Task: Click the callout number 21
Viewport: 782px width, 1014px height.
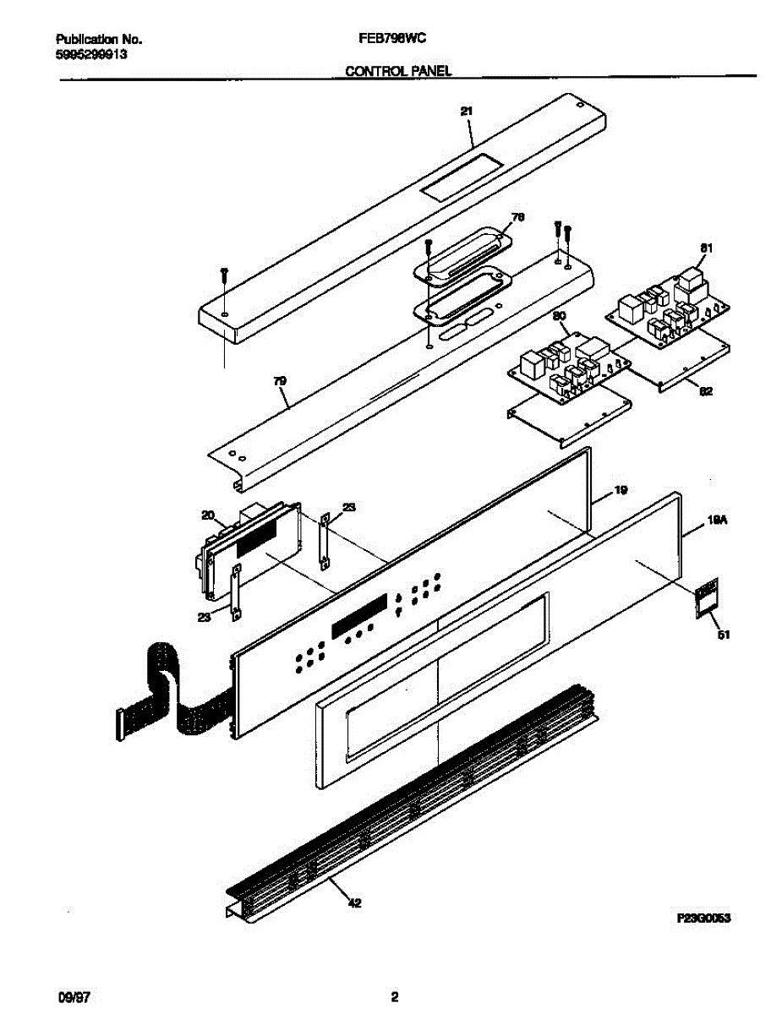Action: [466, 111]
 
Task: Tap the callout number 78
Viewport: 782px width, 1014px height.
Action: [517, 217]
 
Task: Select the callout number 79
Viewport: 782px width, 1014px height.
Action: [280, 382]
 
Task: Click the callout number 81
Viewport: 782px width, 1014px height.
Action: [706, 248]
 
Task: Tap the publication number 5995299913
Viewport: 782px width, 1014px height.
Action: [92, 54]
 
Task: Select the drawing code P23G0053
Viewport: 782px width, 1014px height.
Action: [703, 918]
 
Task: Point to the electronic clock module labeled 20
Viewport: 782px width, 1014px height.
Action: [249, 545]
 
